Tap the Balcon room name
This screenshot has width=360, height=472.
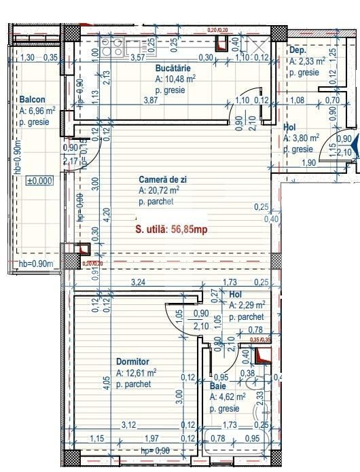click(x=32, y=99)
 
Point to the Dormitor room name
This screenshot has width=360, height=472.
click(x=132, y=363)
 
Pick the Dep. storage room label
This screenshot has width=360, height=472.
click(x=298, y=50)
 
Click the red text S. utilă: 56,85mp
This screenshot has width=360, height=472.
click(x=172, y=230)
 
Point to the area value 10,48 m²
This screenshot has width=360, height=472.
click(x=177, y=79)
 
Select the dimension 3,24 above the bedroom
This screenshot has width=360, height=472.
click(x=139, y=281)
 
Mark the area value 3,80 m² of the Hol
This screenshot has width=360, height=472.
click(x=303, y=139)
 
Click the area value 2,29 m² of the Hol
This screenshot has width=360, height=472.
click(x=249, y=306)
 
